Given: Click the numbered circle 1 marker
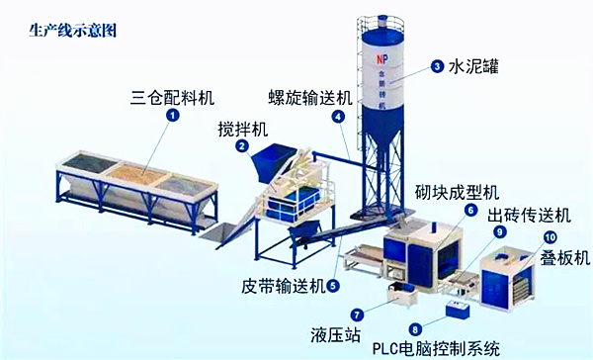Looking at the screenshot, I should pos(174,116).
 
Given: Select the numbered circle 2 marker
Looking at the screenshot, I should pos(241,146).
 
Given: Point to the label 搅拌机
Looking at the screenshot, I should pos(243,129).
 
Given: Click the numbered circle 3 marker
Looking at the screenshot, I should pos(436,67).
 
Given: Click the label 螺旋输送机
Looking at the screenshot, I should pos(309,98).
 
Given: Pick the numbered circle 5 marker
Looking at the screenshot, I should pos(333,287).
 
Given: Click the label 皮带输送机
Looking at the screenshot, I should pos(283,287).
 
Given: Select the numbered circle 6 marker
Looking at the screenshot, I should pos(471,210).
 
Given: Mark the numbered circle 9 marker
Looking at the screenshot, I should pos(500,231).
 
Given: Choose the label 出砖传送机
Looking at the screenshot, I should pos(529,214).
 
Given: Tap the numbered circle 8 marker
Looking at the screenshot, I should pos(415,328).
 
